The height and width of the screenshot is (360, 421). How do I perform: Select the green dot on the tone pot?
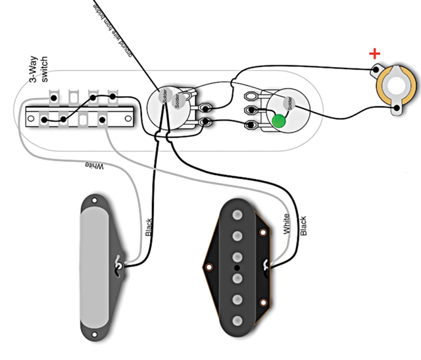pos(279,121)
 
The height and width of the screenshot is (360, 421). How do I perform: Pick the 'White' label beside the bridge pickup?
pos(285,224)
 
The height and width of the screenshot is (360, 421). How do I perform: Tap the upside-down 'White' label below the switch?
pos(93,166)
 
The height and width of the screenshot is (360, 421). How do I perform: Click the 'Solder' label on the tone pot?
pos(287,103)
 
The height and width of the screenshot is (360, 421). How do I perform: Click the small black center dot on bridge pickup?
pos(235,269)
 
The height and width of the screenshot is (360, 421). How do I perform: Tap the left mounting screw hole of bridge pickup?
pos(209,268)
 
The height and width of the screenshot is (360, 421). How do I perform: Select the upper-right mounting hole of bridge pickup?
pos(264,233)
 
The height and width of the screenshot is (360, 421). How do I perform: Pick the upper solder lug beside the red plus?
pos(376,68)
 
